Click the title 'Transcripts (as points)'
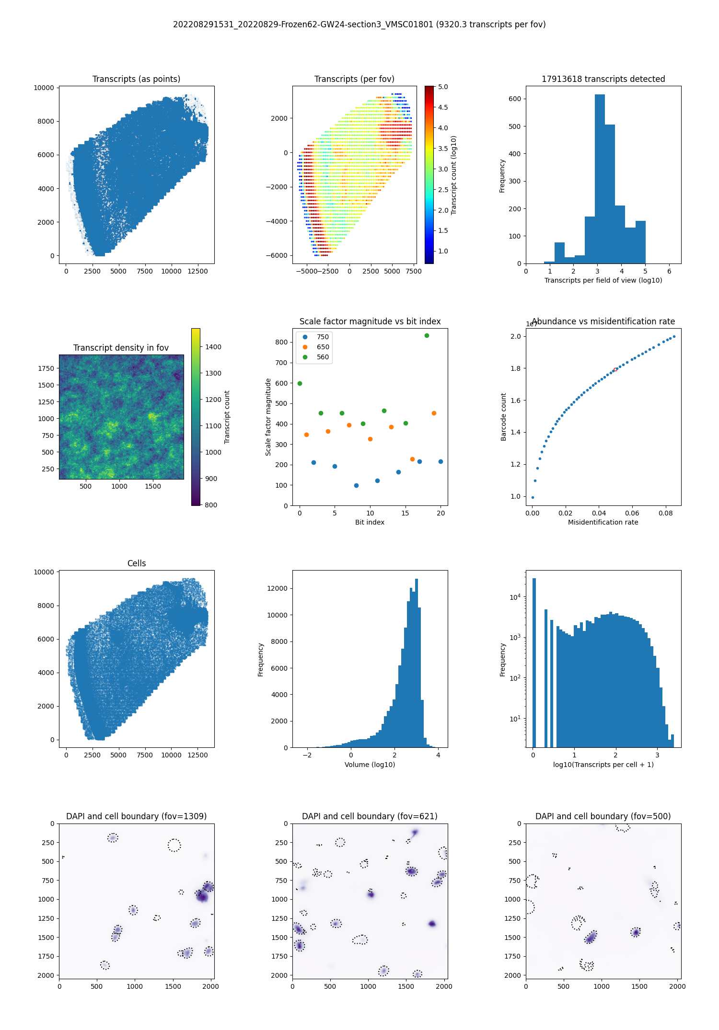click(x=136, y=79)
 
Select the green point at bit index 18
click(x=427, y=335)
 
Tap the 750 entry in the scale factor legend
click(x=323, y=337)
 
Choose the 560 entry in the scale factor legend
click(x=323, y=357)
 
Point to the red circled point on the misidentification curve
click(x=615, y=369)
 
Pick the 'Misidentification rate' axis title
click(x=603, y=522)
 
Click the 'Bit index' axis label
click(x=370, y=522)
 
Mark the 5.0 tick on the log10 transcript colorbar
click(x=443, y=87)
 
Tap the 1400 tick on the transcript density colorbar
click(x=213, y=347)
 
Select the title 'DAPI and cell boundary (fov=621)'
click(x=370, y=816)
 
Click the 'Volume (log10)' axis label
click(x=370, y=765)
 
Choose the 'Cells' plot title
click(x=136, y=563)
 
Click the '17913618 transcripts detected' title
click(x=603, y=79)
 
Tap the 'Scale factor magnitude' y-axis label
click(x=268, y=417)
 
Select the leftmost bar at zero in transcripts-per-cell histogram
click(x=534, y=661)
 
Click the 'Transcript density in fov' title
click(x=121, y=348)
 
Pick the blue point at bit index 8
click(x=356, y=485)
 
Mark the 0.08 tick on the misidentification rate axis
click(x=665, y=513)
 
